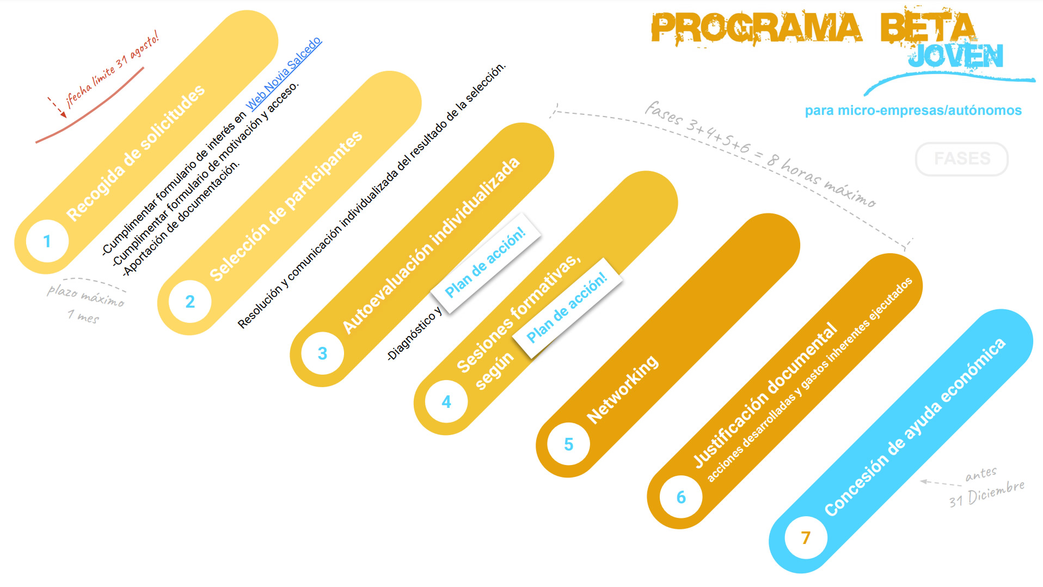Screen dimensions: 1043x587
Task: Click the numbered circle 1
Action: tap(47, 241)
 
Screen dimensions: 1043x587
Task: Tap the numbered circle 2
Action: tap(190, 301)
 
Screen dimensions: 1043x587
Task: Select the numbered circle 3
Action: tap(322, 353)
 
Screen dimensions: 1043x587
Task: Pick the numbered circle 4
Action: tap(446, 402)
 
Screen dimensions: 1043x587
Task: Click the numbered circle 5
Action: tap(569, 444)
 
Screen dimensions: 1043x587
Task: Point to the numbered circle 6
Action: tap(681, 497)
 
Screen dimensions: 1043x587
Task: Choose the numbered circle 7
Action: tap(806, 538)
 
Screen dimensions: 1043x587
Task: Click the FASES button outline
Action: tap(962, 159)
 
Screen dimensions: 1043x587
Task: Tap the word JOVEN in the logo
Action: tap(955, 56)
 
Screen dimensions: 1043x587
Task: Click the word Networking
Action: tap(622, 389)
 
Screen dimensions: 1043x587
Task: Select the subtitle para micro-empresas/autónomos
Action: tap(913, 111)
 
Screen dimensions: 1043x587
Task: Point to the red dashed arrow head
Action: tap(63, 114)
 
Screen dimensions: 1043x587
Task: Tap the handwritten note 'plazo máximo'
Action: tap(85, 295)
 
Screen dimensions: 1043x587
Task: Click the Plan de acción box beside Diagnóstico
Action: tap(486, 263)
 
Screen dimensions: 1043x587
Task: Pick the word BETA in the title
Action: tap(928, 27)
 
